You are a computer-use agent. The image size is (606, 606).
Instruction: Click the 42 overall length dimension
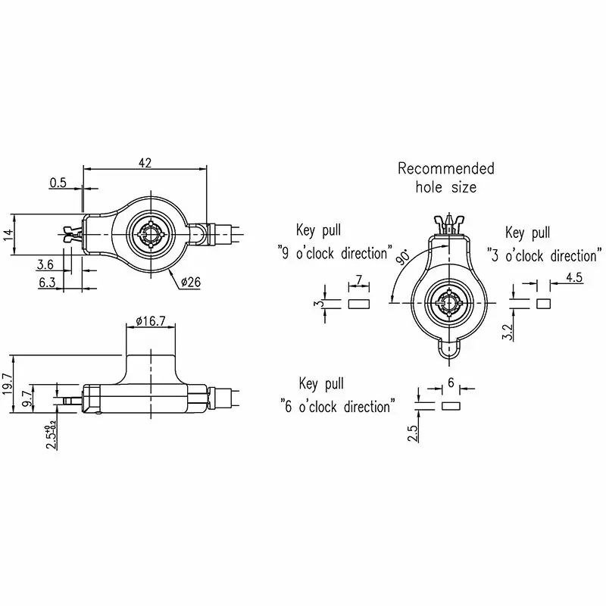[x=145, y=163]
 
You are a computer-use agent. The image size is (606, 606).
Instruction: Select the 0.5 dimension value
[x=58, y=183]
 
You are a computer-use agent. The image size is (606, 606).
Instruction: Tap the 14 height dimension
[x=8, y=234]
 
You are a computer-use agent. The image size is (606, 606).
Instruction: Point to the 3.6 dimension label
[x=45, y=264]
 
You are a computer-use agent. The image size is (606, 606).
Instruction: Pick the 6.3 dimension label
[x=47, y=283]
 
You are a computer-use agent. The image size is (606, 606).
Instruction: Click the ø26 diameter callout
[x=191, y=282]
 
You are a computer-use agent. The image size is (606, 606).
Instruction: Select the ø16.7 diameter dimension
[x=151, y=320]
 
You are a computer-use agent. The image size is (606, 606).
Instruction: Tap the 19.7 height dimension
[x=8, y=383]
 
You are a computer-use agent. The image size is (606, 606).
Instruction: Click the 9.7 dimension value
[x=27, y=398]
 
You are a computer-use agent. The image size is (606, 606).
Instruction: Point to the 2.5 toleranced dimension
[x=52, y=436]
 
